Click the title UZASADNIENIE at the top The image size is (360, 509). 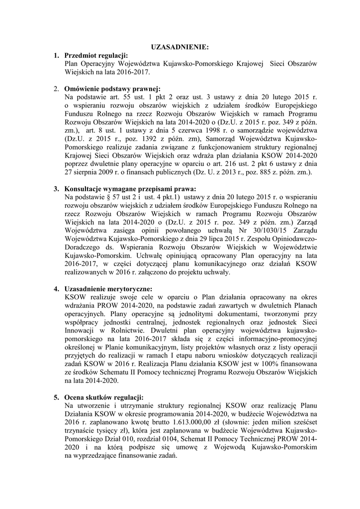coord(180,47)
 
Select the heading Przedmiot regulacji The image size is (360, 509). coord(96,55)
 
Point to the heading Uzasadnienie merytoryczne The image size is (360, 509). coord(108,289)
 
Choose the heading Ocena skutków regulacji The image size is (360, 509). coord(104,398)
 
